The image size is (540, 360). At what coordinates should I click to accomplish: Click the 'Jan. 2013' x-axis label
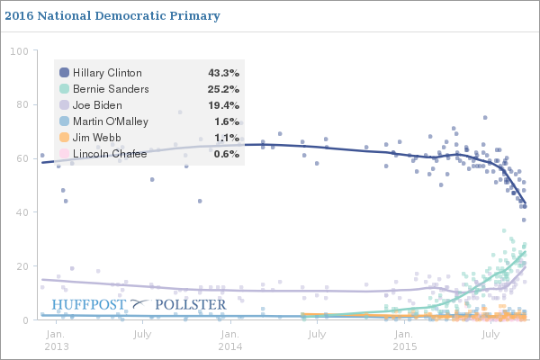point(55,340)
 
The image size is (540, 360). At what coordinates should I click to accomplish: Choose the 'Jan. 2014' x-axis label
point(229,340)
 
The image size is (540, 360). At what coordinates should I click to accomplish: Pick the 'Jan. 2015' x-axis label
point(403,340)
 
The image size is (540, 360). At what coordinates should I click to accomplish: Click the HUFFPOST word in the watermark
point(89,304)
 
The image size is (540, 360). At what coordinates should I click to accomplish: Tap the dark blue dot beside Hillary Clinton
point(64,73)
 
